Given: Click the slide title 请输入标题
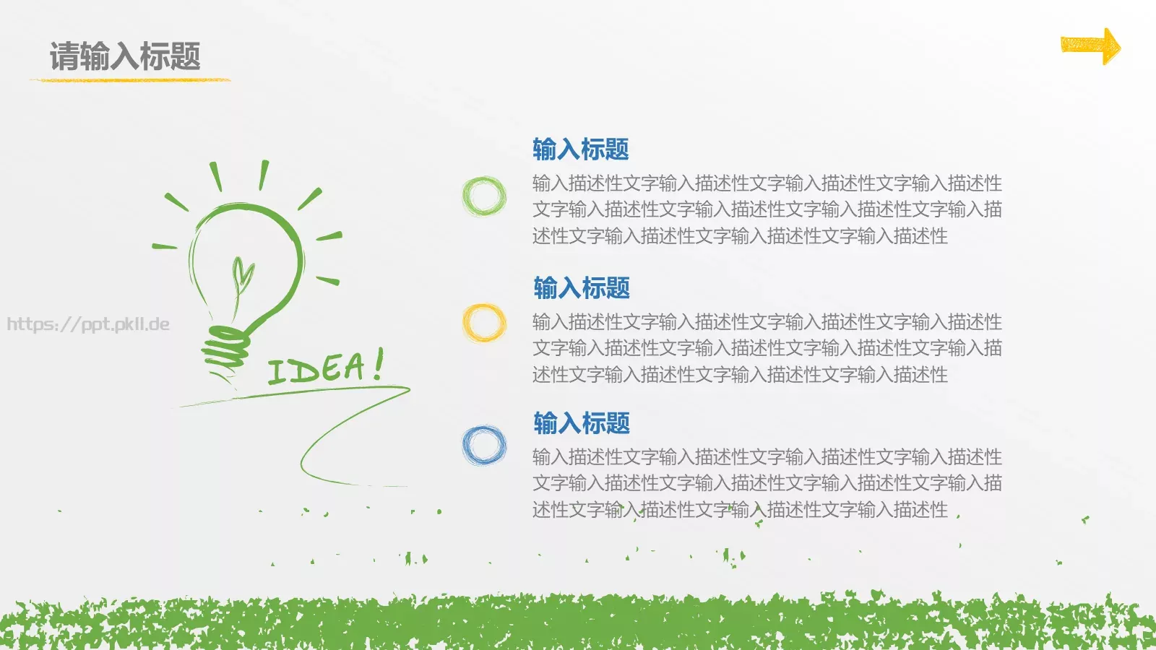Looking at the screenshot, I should point(125,56).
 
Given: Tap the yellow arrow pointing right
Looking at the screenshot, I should point(1090,46).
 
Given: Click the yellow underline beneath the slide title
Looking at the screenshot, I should point(130,79).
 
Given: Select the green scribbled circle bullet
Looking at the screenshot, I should point(484,196).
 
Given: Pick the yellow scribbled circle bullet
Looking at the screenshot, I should point(484,322).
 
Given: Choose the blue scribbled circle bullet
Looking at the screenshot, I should point(484,445).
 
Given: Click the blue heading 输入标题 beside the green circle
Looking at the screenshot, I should point(580,149).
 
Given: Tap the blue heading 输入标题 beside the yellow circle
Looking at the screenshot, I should point(582,288).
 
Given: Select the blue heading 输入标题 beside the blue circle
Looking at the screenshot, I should point(582,423).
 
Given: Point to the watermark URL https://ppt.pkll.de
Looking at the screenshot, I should point(88,324).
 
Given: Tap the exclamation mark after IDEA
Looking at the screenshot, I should point(378,365).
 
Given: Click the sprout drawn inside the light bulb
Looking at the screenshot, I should point(241,278).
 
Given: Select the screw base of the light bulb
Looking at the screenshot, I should point(225,350).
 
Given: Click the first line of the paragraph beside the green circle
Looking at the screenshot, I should point(767,183).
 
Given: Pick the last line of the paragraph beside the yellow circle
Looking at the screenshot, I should point(740,375).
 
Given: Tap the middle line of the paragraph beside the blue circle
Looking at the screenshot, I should point(767,483).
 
